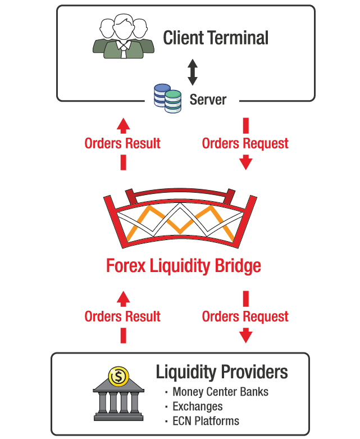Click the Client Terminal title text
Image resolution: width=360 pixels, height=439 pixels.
coord(216,38)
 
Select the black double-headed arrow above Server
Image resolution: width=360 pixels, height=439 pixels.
coord(193,73)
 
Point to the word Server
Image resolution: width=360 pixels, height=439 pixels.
coord(208,100)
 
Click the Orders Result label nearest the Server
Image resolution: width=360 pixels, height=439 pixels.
coord(122,143)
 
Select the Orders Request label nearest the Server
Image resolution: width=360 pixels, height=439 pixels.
coord(245,143)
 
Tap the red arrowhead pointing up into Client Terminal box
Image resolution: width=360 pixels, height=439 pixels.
coord(123,124)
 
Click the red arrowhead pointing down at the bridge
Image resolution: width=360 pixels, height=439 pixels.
coord(245,163)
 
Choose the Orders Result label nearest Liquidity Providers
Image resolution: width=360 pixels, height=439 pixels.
coord(122,316)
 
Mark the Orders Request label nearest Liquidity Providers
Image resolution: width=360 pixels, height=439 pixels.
coord(245,316)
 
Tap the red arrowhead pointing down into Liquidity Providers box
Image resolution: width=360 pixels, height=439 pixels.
coord(245,336)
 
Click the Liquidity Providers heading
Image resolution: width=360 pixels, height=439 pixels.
coord(222,372)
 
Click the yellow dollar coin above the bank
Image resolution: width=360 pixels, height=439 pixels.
coord(119,375)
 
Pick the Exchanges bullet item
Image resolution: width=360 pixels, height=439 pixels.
coord(197,406)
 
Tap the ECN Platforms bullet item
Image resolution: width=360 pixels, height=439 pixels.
coord(206,421)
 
